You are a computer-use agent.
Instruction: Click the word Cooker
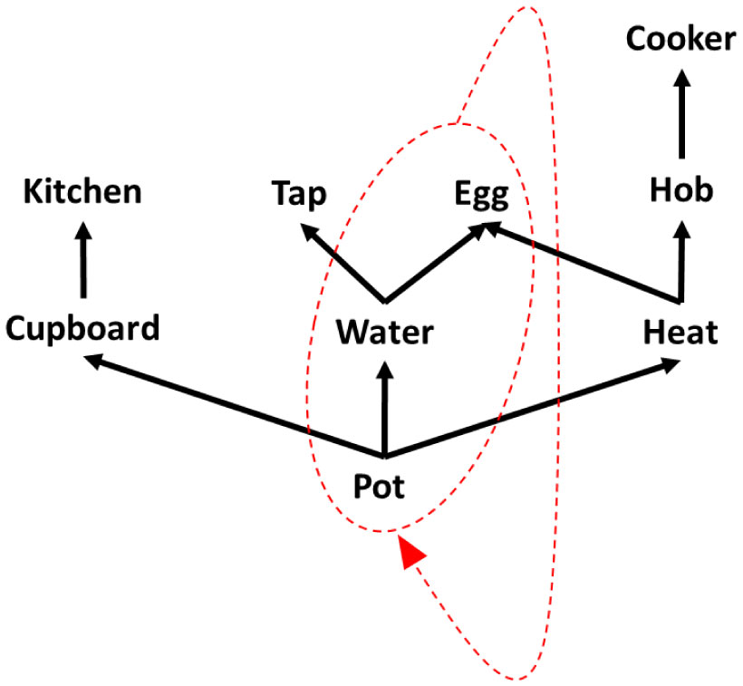click(x=680, y=40)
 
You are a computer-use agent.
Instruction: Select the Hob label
click(x=681, y=191)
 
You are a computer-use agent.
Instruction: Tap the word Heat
click(x=680, y=333)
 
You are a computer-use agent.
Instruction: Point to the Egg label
click(x=481, y=193)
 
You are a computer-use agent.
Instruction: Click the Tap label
click(x=299, y=193)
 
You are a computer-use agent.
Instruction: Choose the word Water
click(x=385, y=333)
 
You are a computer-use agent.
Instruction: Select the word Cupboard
click(x=82, y=328)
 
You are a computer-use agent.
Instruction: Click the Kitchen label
click(x=82, y=191)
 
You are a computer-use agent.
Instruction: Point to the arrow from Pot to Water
click(x=385, y=408)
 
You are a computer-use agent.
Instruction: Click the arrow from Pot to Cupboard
click(x=236, y=407)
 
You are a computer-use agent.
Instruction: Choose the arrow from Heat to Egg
click(x=580, y=264)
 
